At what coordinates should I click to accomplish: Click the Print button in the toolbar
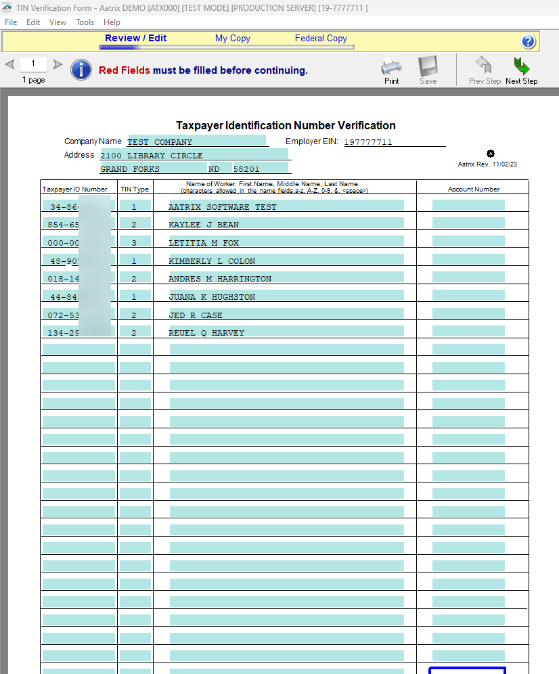tap(391, 70)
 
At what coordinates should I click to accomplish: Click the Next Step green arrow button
tap(521, 70)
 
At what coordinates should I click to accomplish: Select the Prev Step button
tap(485, 70)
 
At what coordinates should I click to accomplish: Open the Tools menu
tap(85, 22)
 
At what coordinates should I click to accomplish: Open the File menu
tap(11, 22)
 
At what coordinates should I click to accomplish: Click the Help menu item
tap(112, 22)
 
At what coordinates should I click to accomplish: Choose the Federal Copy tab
tap(321, 39)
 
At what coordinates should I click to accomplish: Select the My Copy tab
tap(233, 39)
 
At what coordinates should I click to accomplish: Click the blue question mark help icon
tap(529, 41)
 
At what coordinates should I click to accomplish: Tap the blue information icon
tap(81, 70)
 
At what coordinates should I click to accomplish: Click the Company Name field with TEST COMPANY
tap(196, 141)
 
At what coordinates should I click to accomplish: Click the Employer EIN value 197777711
tap(368, 142)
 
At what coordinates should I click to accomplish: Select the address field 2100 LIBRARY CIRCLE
tap(194, 155)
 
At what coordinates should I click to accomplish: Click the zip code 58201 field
tap(260, 168)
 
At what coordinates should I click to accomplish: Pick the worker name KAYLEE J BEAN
tap(204, 225)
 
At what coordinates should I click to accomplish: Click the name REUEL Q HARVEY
tap(206, 333)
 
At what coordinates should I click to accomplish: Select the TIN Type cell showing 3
tap(134, 242)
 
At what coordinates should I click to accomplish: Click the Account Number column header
tap(473, 189)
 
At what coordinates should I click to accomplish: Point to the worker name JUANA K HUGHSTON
tap(212, 297)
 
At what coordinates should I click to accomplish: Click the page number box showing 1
tap(33, 64)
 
